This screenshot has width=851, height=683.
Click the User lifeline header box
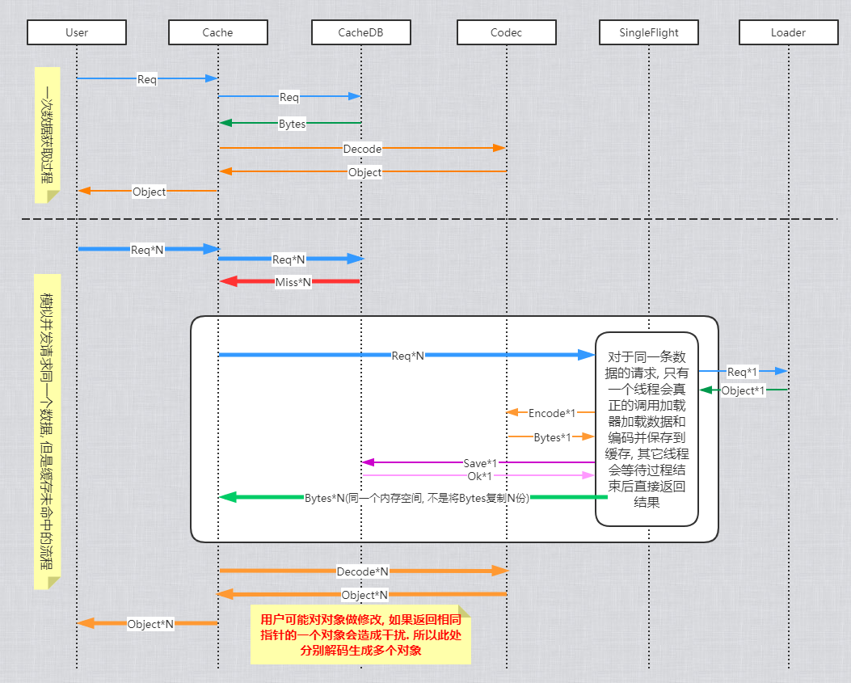pyautogui.click(x=77, y=32)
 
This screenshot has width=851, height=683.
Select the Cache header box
pyautogui.click(x=217, y=32)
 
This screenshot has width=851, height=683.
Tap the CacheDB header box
pyautogui.click(x=360, y=32)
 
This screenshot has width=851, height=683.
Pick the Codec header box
pyautogui.click(x=506, y=32)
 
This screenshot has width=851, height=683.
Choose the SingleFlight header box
pyautogui.click(x=649, y=32)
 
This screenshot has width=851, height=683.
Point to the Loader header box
pyautogui.click(x=788, y=32)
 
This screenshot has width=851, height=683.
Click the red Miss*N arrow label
pyautogui.click(x=293, y=282)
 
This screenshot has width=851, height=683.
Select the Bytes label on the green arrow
pyautogui.click(x=292, y=124)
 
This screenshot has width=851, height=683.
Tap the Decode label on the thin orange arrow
pyautogui.click(x=362, y=149)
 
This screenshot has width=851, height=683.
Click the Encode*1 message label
pyautogui.click(x=552, y=413)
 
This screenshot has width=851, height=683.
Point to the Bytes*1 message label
pyautogui.click(x=553, y=437)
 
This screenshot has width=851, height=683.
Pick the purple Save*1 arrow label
pyautogui.click(x=480, y=463)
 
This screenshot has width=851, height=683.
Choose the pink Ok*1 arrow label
pyautogui.click(x=480, y=475)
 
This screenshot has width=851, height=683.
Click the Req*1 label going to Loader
pyautogui.click(x=742, y=372)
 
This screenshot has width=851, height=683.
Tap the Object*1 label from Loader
pyautogui.click(x=743, y=390)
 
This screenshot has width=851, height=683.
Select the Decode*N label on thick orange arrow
pyautogui.click(x=362, y=571)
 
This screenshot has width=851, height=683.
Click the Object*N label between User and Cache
pyautogui.click(x=150, y=624)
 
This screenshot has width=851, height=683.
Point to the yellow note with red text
pyautogui.click(x=360, y=635)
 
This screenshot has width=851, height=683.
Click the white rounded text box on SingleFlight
pyautogui.click(x=647, y=429)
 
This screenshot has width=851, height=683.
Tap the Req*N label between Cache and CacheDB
pyautogui.click(x=289, y=259)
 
